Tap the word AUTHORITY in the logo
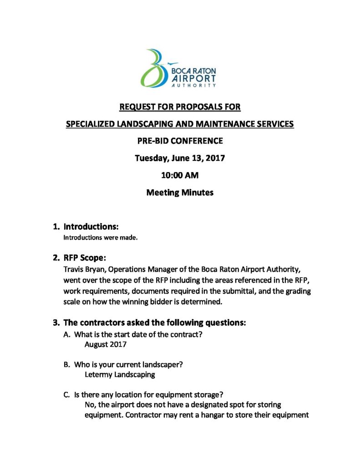click(193, 85)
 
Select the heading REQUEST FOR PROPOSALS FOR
click(180, 107)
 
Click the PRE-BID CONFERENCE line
click(180, 141)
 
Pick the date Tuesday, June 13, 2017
click(180, 158)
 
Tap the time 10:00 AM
click(180, 175)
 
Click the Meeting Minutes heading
click(180, 192)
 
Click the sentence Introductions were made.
click(100, 238)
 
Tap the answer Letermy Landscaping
click(120, 375)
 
